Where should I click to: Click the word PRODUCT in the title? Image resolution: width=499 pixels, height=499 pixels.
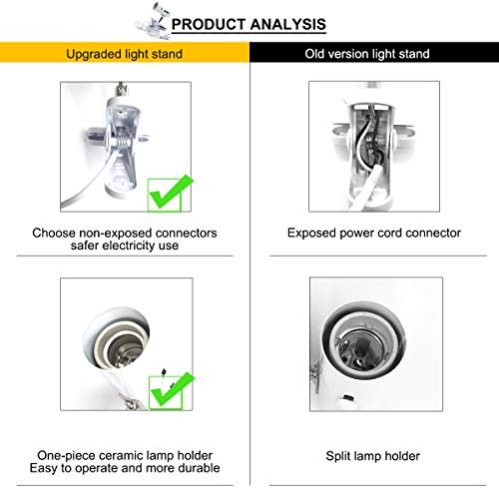[x=209, y=24]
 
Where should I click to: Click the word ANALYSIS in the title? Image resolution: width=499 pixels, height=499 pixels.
[x=287, y=24]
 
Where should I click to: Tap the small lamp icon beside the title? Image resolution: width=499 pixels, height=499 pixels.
[x=152, y=21]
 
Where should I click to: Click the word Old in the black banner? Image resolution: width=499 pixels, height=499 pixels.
[x=314, y=54]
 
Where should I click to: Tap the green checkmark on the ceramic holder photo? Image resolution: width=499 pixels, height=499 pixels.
[x=172, y=390]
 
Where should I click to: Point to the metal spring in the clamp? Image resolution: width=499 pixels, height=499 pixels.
[x=122, y=144]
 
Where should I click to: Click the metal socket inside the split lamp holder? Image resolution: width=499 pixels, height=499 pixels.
[x=361, y=348]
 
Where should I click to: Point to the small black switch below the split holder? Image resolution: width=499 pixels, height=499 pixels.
[x=348, y=397]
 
